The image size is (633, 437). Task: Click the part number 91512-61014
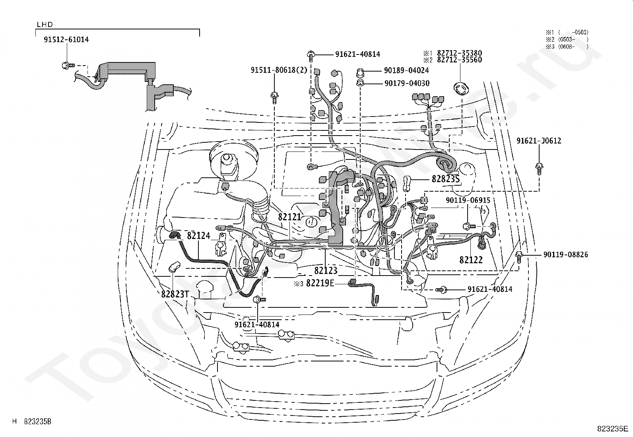[66, 40]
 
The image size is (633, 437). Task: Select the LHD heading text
[45, 25]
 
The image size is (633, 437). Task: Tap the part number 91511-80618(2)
[279, 70]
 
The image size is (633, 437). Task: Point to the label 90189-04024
[406, 70]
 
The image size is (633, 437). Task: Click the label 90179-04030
[407, 84]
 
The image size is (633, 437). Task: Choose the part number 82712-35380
[460, 53]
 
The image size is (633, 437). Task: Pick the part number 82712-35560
[460, 60]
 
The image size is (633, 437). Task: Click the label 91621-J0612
[539, 141]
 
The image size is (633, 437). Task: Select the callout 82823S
[446, 179]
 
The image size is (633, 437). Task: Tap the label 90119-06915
[468, 200]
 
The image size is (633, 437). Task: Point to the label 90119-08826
[566, 254]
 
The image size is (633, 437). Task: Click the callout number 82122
[471, 260]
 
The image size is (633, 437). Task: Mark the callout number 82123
[326, 270]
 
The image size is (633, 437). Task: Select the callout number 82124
[199, 235]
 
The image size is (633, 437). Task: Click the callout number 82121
[289, 217]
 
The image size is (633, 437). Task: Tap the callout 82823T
[175, 294]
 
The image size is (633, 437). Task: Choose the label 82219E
[320, 283]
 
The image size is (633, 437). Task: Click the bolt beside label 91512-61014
[68, 66]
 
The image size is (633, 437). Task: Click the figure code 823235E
[612, 429]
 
